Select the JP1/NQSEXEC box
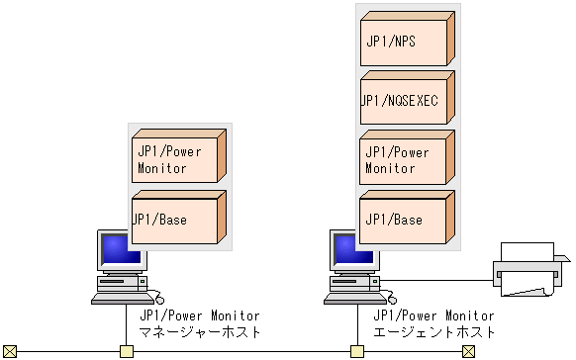point(407,100)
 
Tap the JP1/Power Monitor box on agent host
point(407,159)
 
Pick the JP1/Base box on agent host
point(407,219)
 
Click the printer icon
point(530,269)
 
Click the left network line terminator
point(10,351)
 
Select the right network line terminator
point(468,351)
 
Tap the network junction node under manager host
point(126,351)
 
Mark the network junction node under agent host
point(357,351)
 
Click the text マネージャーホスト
point(200,332)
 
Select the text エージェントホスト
point(433,332)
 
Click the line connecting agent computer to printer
point(435,281)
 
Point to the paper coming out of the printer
point(526,288)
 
